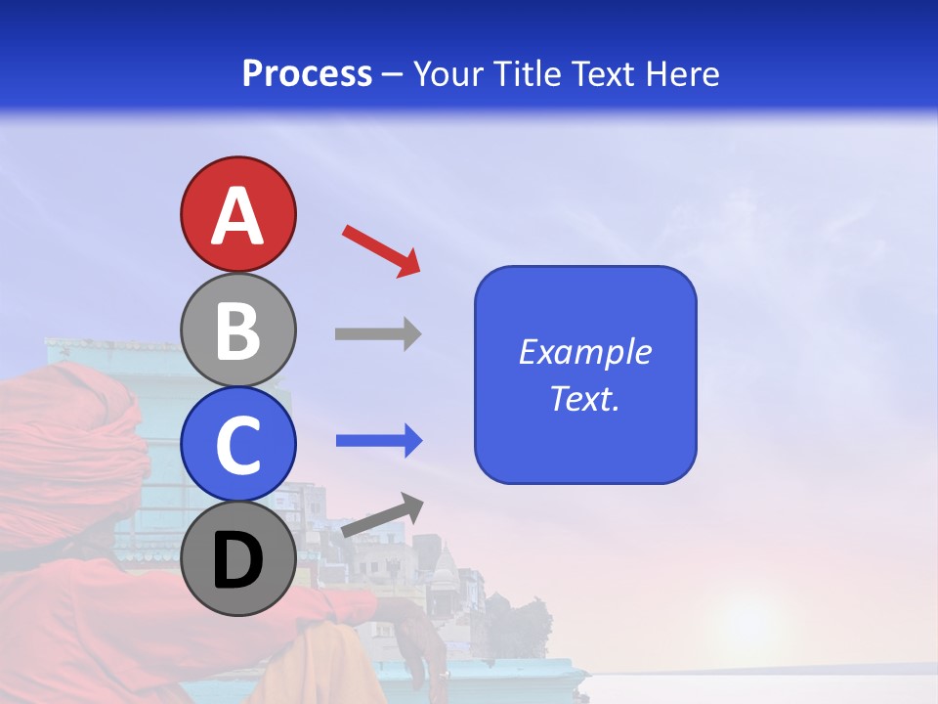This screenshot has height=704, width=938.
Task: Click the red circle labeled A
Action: (x=238, y=214)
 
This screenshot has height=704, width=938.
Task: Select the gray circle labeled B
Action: (x=238, y=330)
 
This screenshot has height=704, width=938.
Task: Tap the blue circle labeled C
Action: (x=238, y=444)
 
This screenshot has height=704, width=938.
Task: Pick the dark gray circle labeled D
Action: (x=238, y=559)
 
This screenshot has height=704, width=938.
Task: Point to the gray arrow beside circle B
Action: (x=378, y=333)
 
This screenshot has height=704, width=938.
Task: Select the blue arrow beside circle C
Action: (x=379, y=441)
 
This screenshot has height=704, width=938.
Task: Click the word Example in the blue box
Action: (x=584, y=352)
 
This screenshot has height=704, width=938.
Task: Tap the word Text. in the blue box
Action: (x=584, y=398)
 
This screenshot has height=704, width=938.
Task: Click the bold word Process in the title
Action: (x=307, y=73)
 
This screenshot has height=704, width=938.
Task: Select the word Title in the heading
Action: (x=523, y=73)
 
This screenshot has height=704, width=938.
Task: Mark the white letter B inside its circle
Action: (x=238, y=330)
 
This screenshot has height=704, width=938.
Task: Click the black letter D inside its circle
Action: (x=238, y=560)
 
